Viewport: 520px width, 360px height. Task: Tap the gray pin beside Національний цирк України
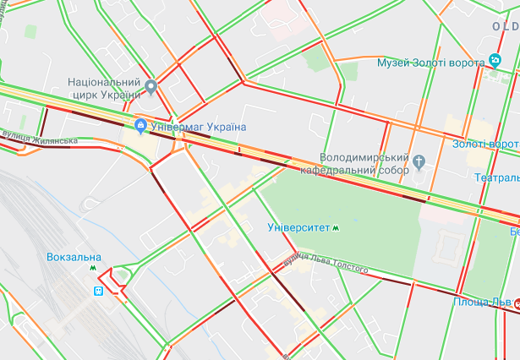coord(151,87)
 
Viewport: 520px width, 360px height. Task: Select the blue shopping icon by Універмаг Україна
coord(140,127)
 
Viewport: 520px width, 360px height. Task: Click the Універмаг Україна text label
coord(198,127)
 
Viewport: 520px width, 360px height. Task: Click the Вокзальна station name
coord(74,257)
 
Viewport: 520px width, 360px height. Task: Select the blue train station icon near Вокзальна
coord(98,290)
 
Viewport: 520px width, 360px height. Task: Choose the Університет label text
coord(298,227)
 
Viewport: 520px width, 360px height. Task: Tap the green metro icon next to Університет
coord(337,227)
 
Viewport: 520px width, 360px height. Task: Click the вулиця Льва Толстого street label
coord(326,265)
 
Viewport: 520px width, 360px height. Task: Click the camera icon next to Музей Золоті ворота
coord(495,61)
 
